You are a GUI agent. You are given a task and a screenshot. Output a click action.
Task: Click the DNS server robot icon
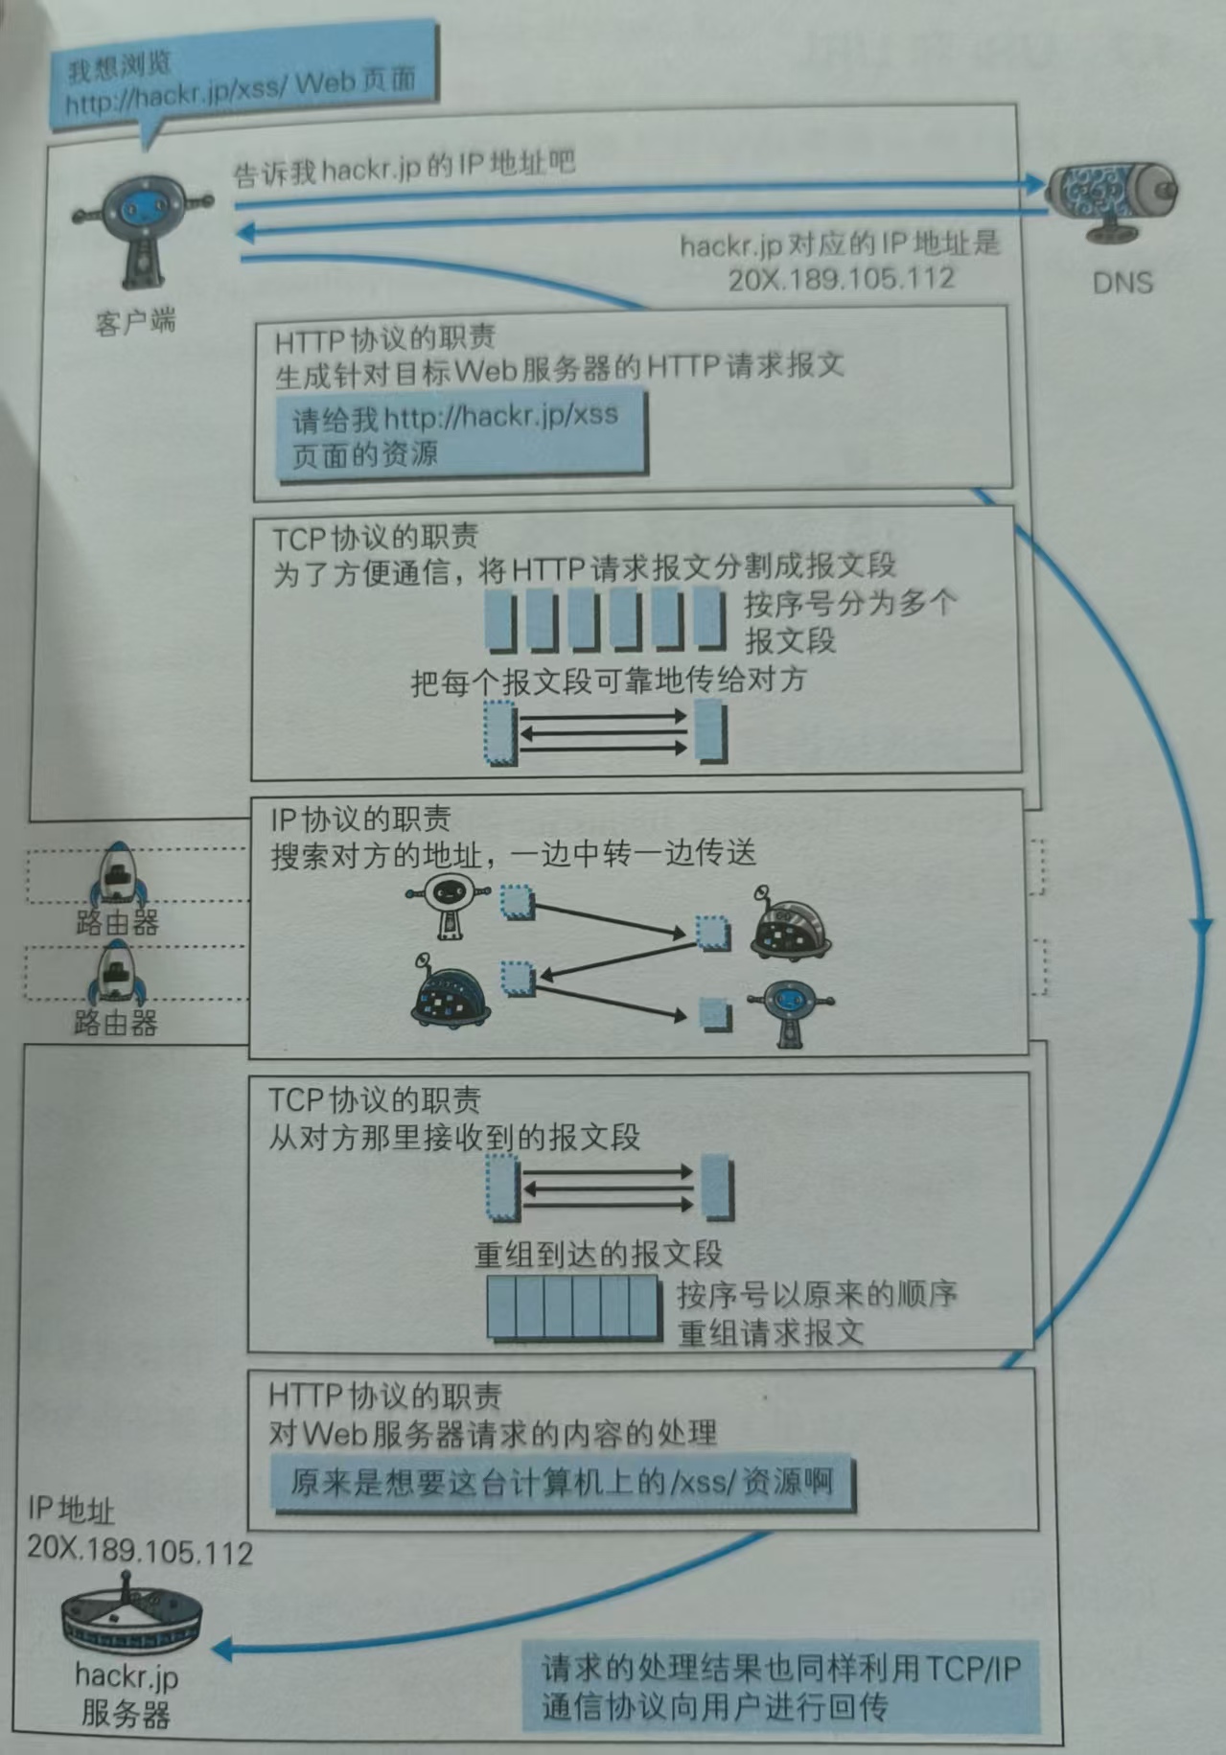pos(1111,200)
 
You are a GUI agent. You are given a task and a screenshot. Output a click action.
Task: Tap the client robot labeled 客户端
pos(142,230)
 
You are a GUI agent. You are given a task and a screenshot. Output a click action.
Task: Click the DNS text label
pos(1121,283)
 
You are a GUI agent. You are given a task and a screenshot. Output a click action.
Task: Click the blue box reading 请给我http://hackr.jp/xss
pos(459,435)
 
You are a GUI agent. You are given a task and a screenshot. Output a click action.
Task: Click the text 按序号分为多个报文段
pos(848,621)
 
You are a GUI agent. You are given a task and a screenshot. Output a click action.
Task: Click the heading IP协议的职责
pos(360,820)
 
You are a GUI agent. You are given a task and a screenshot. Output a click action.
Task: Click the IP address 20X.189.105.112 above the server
pos(140,1551)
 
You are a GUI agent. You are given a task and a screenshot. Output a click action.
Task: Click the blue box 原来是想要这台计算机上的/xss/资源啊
pos(562,1483)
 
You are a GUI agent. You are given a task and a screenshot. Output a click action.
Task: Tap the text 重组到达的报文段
pos(598,1254)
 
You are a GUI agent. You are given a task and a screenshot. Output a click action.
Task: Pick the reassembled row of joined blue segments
pos(573,1308)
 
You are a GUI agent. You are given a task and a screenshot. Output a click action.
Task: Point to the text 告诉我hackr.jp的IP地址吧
pos(405,168)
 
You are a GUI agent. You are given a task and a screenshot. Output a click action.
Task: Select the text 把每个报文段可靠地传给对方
pos(609,681)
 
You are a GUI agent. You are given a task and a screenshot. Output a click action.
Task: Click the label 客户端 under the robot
pos(136,321)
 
